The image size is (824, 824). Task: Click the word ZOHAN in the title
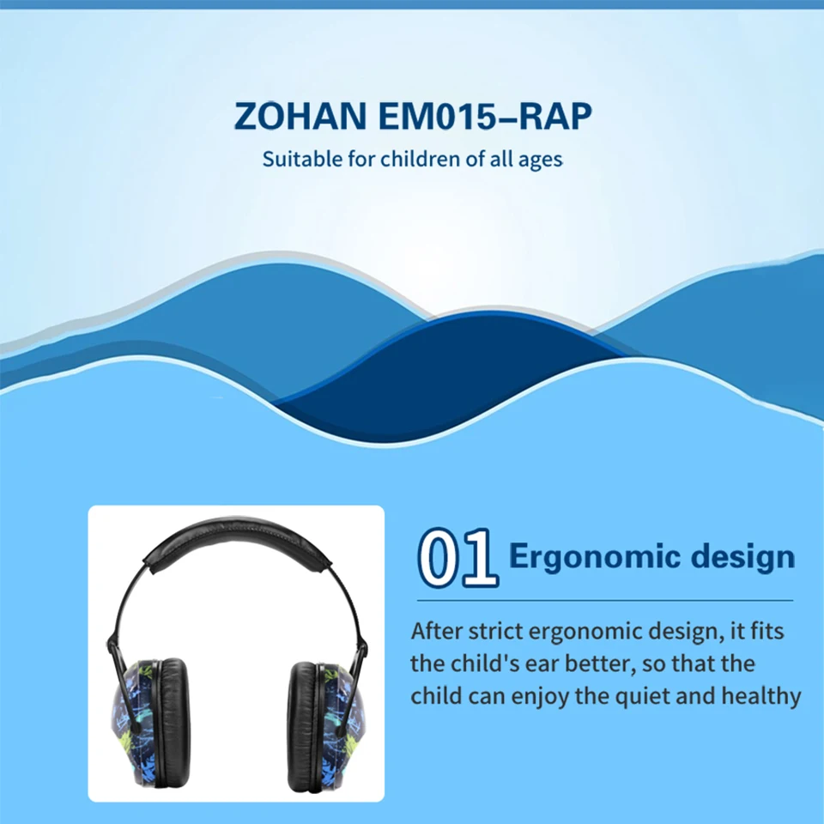300,116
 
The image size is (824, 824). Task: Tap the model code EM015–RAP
485,116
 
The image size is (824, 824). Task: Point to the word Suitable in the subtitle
302,159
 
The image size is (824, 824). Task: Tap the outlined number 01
457,558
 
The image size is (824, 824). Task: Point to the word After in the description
436,631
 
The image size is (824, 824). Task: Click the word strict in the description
495,631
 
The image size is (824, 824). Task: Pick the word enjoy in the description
540,697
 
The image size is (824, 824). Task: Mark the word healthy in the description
761,696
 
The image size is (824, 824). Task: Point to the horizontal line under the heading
605,600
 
